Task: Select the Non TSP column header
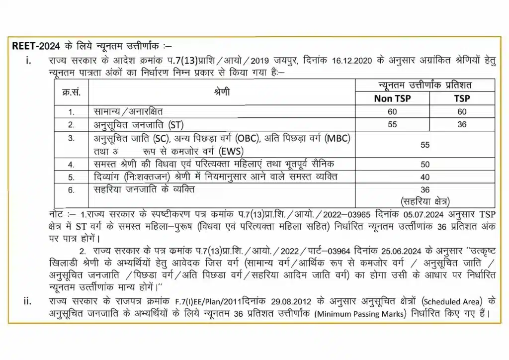[x=392, y=98]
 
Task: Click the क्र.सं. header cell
[x=72, y=92]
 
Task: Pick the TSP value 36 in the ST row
[x=462, y=124]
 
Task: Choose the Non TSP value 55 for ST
[x=392, y=124]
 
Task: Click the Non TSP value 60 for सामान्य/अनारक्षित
[x=392, y=112]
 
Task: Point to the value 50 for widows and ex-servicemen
[x=424, y=164]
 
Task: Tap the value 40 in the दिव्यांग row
[x=424, y=177]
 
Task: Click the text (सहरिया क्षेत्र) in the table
[x=424, y=201]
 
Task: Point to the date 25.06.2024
[x=383, y=249]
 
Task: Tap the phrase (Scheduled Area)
[x=451, y=301]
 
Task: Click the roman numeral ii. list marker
[x=28, y=301]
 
